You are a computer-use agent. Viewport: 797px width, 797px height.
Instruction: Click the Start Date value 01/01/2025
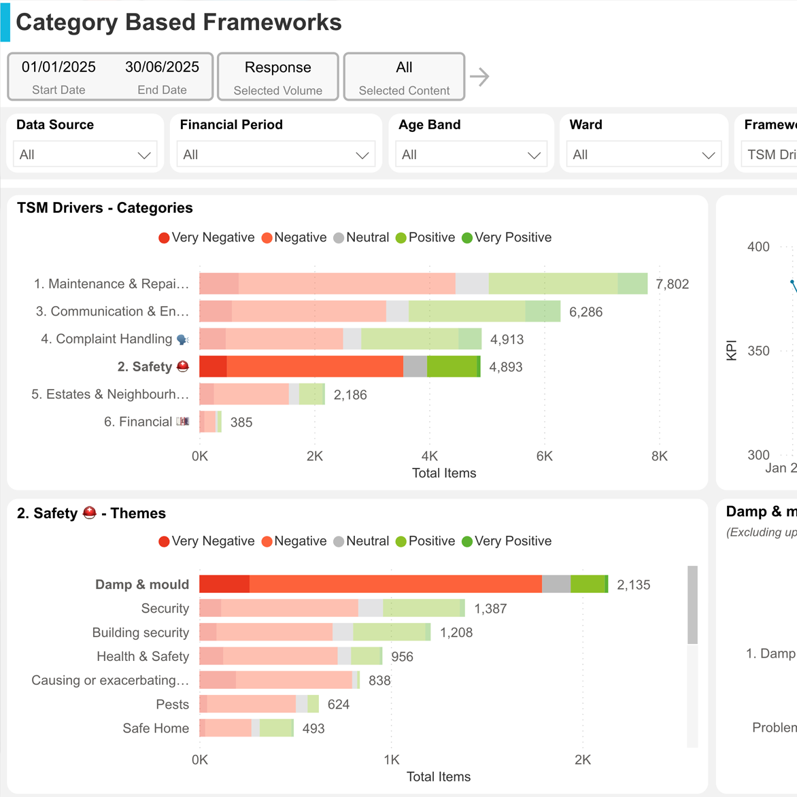(58, 67)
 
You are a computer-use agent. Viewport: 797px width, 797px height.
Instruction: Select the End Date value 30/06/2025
(162, 67)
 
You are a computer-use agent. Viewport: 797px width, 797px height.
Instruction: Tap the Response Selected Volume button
(277, 76)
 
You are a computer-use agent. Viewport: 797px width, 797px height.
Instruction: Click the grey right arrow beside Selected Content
(479, 77)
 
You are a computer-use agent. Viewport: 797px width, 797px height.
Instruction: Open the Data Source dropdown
(85, 154)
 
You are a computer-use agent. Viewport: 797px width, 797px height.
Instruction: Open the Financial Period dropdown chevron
(362, 155)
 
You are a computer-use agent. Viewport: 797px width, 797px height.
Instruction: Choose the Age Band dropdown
(471, 154)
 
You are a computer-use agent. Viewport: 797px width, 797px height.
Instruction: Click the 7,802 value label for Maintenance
(672, 284)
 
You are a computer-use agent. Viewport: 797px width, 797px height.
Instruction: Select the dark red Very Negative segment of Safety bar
(213, 367)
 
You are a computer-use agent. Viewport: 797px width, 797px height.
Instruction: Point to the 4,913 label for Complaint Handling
(507, 339)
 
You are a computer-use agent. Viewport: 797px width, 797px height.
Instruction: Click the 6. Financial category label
(138, 422)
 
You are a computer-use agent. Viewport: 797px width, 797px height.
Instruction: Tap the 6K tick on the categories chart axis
(544, 456)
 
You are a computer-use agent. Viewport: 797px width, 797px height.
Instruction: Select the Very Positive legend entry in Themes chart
(507, 541)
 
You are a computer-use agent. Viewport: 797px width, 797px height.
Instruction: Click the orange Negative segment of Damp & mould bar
(394, 584)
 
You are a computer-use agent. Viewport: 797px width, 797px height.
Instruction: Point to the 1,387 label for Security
(490, 609)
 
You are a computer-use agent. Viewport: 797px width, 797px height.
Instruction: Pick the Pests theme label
(172, 705)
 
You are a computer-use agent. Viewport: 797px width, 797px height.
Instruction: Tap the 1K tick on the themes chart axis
(391, 760)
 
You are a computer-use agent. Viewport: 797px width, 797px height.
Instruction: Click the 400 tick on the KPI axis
(758, 247)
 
